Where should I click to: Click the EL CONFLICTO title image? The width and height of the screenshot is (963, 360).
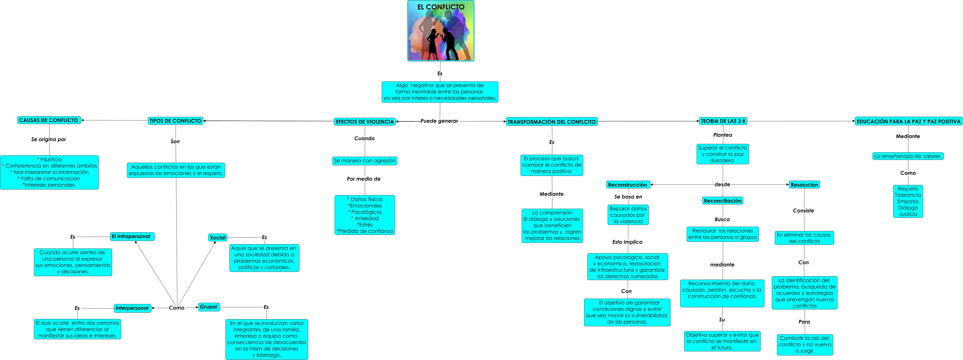click(440, 31)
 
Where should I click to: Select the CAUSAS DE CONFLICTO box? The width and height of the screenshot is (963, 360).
click(49, 120)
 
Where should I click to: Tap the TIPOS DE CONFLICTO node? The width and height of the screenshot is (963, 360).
click(175, 121)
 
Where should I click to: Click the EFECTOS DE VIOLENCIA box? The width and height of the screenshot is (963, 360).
click(364, 121)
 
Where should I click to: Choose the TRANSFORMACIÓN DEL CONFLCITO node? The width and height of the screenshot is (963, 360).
click(551, 121)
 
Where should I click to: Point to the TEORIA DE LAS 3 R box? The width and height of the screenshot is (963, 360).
click(723, 121)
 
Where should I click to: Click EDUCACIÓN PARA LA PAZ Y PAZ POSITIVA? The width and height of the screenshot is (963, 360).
click(908, 121)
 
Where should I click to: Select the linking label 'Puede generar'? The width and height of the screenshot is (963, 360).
click(439, 121)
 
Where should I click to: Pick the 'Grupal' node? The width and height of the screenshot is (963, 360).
click(209, 307)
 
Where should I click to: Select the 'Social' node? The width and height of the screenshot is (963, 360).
click(218, 237)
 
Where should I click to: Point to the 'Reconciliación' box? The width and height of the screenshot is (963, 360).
click(722, 201)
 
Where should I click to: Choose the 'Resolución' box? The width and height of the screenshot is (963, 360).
click(804, 185)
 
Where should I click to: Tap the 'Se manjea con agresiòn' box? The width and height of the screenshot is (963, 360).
click(364, 161)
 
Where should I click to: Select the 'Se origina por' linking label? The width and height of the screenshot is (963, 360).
click(49, 139)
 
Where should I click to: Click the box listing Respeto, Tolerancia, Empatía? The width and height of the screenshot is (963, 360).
click(908, 201)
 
